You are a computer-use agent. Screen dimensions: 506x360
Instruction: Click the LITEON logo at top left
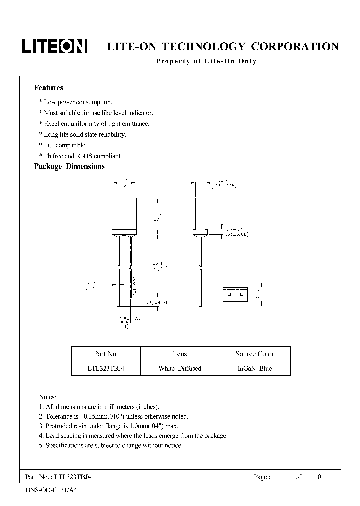(54, 46)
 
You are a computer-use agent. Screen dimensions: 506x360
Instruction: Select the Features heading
(48, 88)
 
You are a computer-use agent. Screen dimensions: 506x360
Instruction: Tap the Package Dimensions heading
(69, 167)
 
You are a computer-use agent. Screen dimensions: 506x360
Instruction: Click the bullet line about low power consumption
(75, 102)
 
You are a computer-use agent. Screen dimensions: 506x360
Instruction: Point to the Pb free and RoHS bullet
(80, 156)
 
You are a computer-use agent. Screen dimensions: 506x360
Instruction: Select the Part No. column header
(106, 354)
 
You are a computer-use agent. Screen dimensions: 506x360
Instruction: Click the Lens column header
(180, 354)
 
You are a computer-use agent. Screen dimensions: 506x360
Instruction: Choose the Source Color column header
(255, 354)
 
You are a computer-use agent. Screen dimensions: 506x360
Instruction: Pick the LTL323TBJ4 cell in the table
(106, 368)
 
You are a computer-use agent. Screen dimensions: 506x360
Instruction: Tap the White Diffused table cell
(180, 368)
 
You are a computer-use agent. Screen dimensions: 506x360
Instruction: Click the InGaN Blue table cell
(255, 368)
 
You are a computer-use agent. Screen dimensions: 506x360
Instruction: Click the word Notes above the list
(47, 396)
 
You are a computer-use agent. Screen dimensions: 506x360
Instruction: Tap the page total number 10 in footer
(318, 477)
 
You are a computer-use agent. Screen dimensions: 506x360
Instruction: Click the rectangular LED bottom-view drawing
(235, 294)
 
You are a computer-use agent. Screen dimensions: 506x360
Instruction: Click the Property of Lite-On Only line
(206, 61)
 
